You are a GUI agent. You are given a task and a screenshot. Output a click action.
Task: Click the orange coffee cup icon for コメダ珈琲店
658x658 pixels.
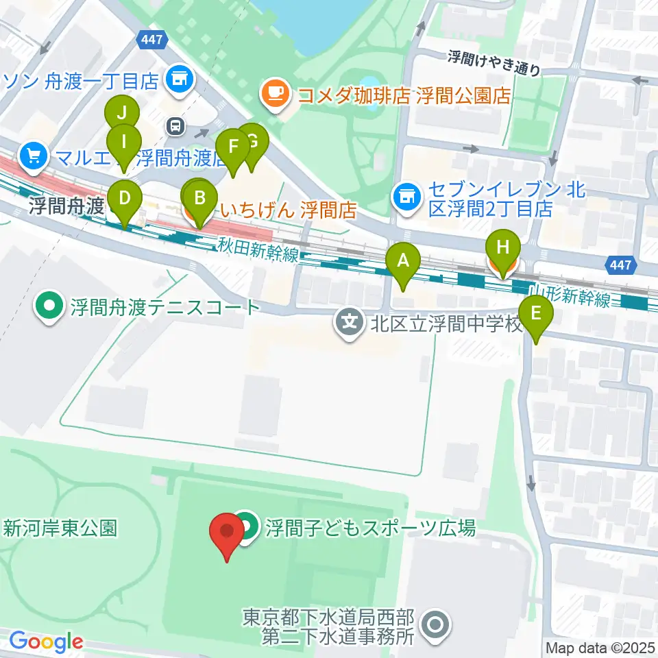276,95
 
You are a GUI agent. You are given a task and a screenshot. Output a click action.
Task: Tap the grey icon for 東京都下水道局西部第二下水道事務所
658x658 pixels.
435,626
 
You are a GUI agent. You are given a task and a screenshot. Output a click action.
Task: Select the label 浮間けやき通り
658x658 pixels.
494,62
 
